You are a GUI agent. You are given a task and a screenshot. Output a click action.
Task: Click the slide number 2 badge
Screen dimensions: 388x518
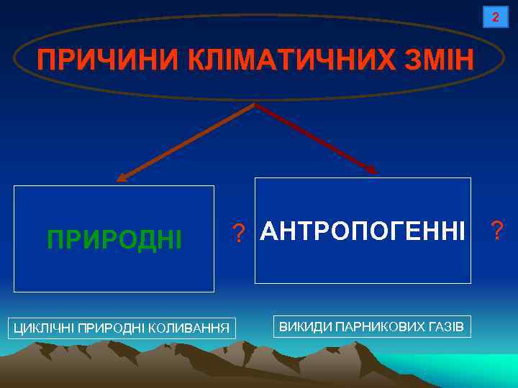pyautogui.click(x=494, y=17)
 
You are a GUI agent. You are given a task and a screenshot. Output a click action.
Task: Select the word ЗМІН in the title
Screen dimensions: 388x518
pyautogui.click(x=440, y=60)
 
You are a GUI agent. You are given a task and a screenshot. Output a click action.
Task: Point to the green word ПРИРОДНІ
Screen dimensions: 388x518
pyautogui.click(x=114, y=239)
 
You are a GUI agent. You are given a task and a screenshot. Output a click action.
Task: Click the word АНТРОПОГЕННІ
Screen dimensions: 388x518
pyautogui.click(x=363, y=231)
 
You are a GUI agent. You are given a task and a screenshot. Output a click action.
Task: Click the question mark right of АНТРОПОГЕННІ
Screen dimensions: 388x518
pyautogui.click(x=496, y=231)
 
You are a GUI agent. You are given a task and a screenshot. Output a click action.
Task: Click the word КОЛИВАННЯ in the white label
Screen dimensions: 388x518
pyautogui.click(x=195, y=329)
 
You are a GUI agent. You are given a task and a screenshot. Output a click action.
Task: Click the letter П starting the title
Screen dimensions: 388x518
pyautogui.click(x=46, y=60)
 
